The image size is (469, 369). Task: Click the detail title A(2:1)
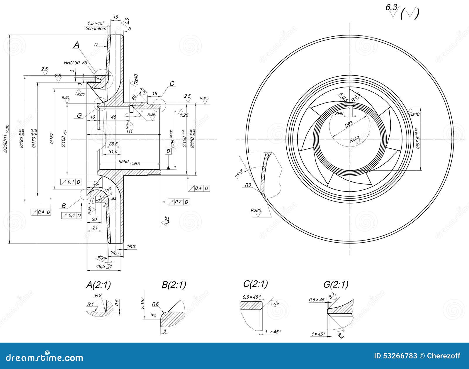[x=98, y=285]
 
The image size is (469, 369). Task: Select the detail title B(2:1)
[x=174, y=285]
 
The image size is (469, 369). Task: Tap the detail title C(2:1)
[x=255, y=284]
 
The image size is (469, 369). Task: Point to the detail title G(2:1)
[x=336, y=285]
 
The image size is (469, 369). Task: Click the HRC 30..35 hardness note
[x=75, y=63]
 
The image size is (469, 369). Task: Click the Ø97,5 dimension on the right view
[x=417, y=139]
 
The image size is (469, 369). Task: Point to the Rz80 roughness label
[x=256, y=210]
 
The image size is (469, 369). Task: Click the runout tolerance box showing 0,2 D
[x=179, y=202]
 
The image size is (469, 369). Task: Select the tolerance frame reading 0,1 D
[x=71, y=182]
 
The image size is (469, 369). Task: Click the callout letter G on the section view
[x=79, y=116]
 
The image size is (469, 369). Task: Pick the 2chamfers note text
[x=96, y=29]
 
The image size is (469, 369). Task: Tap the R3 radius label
[x=248, y=185]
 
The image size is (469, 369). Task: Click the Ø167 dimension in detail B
[x=142, y=303]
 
